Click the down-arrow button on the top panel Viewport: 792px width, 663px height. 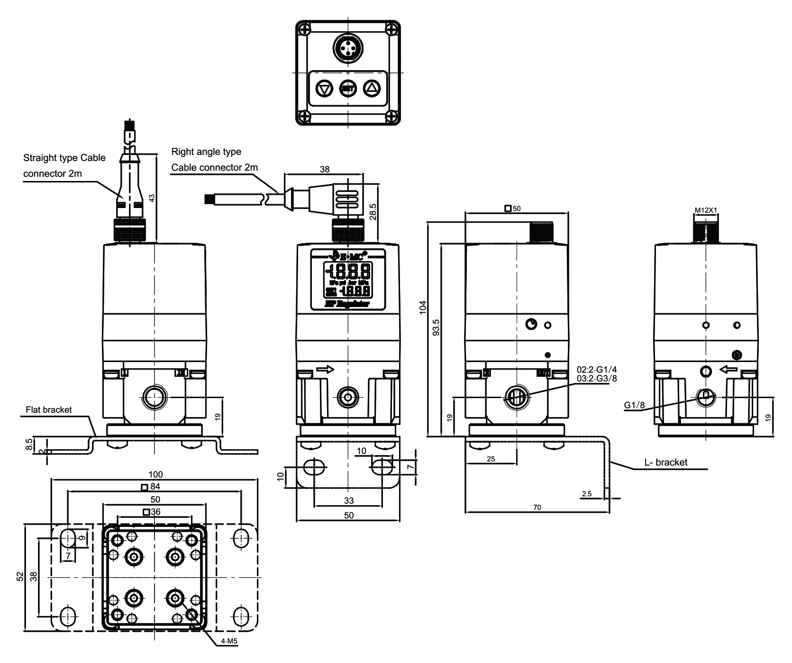coord(324,88)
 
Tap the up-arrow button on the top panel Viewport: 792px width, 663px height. coord(372,88)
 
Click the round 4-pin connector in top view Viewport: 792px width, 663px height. coord(348,48)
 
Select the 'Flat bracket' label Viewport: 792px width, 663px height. coord(49,409)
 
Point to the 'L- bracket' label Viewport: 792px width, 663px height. coord(665,462)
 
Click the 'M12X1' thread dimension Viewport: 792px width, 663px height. coord(705,209)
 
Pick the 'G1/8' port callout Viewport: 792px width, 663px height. coord(634,405)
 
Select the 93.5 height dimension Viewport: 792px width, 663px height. coord(437,327)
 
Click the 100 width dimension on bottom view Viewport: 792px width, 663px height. coord(155,474)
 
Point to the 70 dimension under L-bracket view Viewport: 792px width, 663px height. coord(537,508)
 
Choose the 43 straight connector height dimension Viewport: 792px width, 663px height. coord(152,198)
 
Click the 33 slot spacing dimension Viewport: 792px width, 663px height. coord(348,500)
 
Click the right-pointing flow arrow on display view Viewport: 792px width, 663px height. coord(325,369)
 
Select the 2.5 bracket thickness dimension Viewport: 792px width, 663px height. coord(586,494)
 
